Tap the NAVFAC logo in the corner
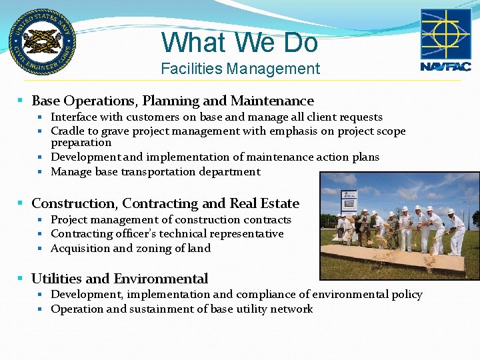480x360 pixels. click(445, 40)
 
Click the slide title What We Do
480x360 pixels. click(240, 43)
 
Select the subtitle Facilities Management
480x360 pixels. click(240, 69)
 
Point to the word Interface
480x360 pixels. click(73, 117)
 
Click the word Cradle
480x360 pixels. click(68, 131)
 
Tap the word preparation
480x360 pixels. click(81, 143)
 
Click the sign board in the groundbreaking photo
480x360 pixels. click(349, 201)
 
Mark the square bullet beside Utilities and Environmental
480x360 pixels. click(21, 279)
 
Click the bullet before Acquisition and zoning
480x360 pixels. click(41, 249)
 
